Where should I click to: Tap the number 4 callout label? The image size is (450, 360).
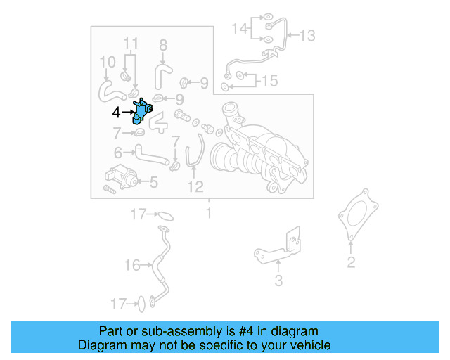(116, 111)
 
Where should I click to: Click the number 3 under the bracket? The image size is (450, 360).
(278, 281)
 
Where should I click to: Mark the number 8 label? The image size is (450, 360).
(163, 46)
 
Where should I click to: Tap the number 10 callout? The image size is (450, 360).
(106, 62)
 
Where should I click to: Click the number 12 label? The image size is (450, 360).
(195, 186)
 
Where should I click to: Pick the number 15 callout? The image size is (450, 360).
(270, 81)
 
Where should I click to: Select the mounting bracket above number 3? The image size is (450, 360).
(281, 243)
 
